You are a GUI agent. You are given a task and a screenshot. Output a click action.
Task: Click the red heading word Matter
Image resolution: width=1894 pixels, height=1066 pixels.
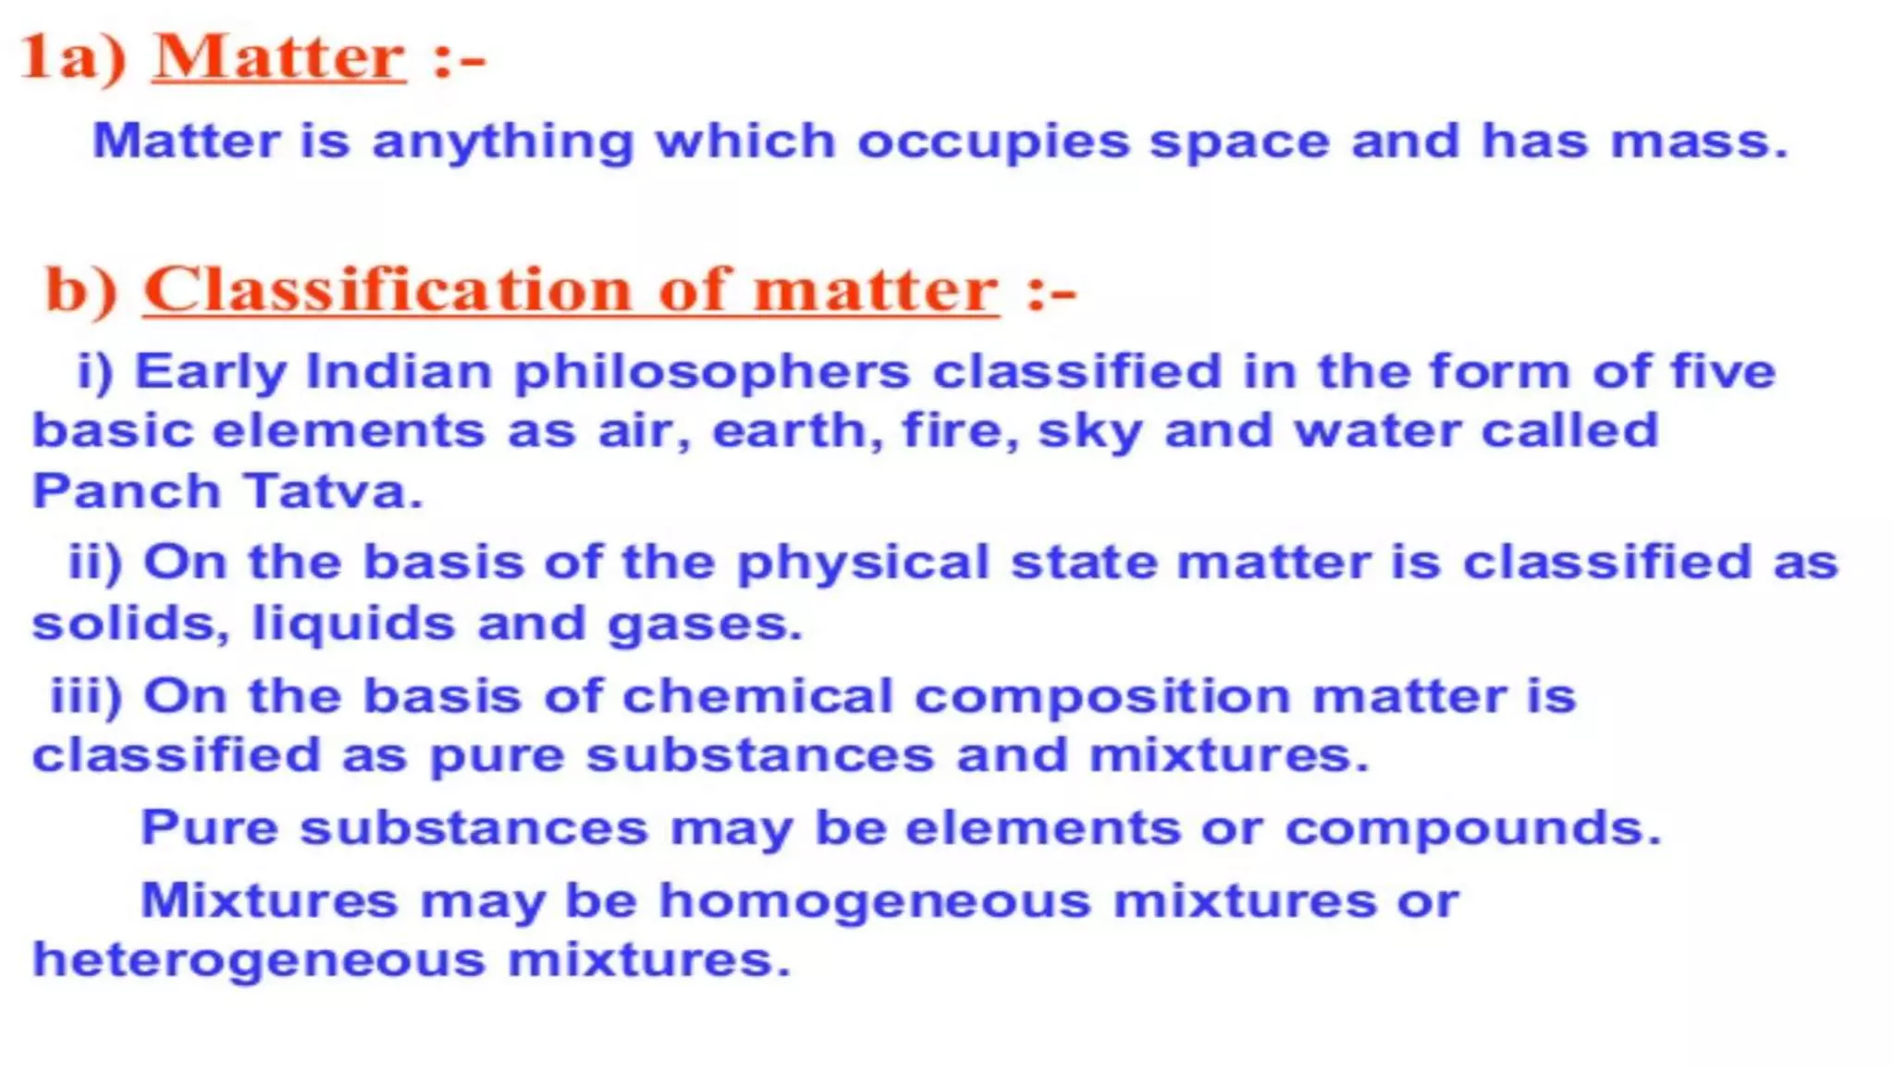click(278, 57)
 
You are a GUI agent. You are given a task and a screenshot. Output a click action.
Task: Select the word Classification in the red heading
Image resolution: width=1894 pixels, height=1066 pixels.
click(387, 290)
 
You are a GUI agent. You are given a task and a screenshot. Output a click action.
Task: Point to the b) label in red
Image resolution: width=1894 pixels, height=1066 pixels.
click(81, 290)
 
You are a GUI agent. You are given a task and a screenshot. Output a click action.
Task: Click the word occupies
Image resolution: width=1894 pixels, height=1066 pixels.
click(993, 143)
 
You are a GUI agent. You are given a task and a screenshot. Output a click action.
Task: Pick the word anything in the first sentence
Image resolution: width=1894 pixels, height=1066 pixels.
click(503, 143)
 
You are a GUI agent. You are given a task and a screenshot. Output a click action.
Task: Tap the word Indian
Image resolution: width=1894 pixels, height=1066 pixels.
click(399, 372)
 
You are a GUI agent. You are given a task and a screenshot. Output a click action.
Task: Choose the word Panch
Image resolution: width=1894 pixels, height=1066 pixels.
click(126, 490)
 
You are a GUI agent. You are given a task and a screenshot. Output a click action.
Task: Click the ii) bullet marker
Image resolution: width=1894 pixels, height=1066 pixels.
click(95, 563)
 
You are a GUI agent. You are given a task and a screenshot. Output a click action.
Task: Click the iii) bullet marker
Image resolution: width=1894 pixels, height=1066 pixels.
click(86, 696)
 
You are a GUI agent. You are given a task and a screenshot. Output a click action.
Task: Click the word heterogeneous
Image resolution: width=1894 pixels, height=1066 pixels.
click(259, 961)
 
